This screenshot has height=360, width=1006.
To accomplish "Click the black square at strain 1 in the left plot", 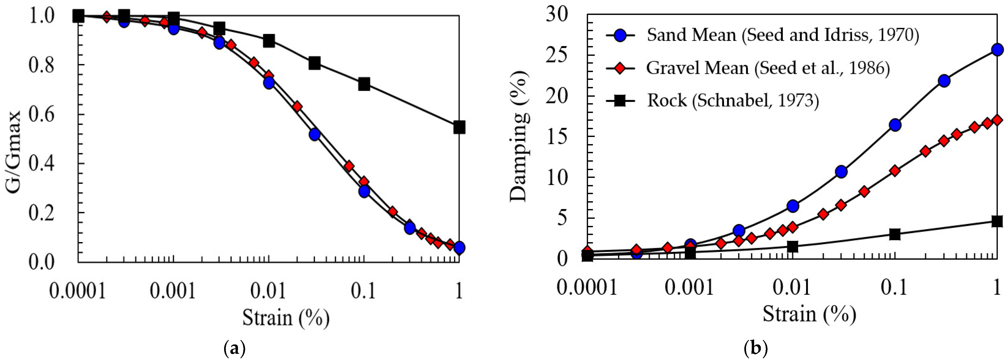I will (459, 127).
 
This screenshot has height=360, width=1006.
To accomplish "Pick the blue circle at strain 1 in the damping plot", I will (997, 49).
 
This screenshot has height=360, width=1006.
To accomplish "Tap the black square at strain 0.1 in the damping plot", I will (895, 234).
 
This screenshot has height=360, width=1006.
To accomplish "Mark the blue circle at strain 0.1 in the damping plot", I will (895, 125).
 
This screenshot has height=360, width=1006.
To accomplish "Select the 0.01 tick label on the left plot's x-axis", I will (268, 291).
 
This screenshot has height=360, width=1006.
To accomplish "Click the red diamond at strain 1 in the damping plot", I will (997, 120).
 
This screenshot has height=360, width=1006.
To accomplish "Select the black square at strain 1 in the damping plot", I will (997, 221).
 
